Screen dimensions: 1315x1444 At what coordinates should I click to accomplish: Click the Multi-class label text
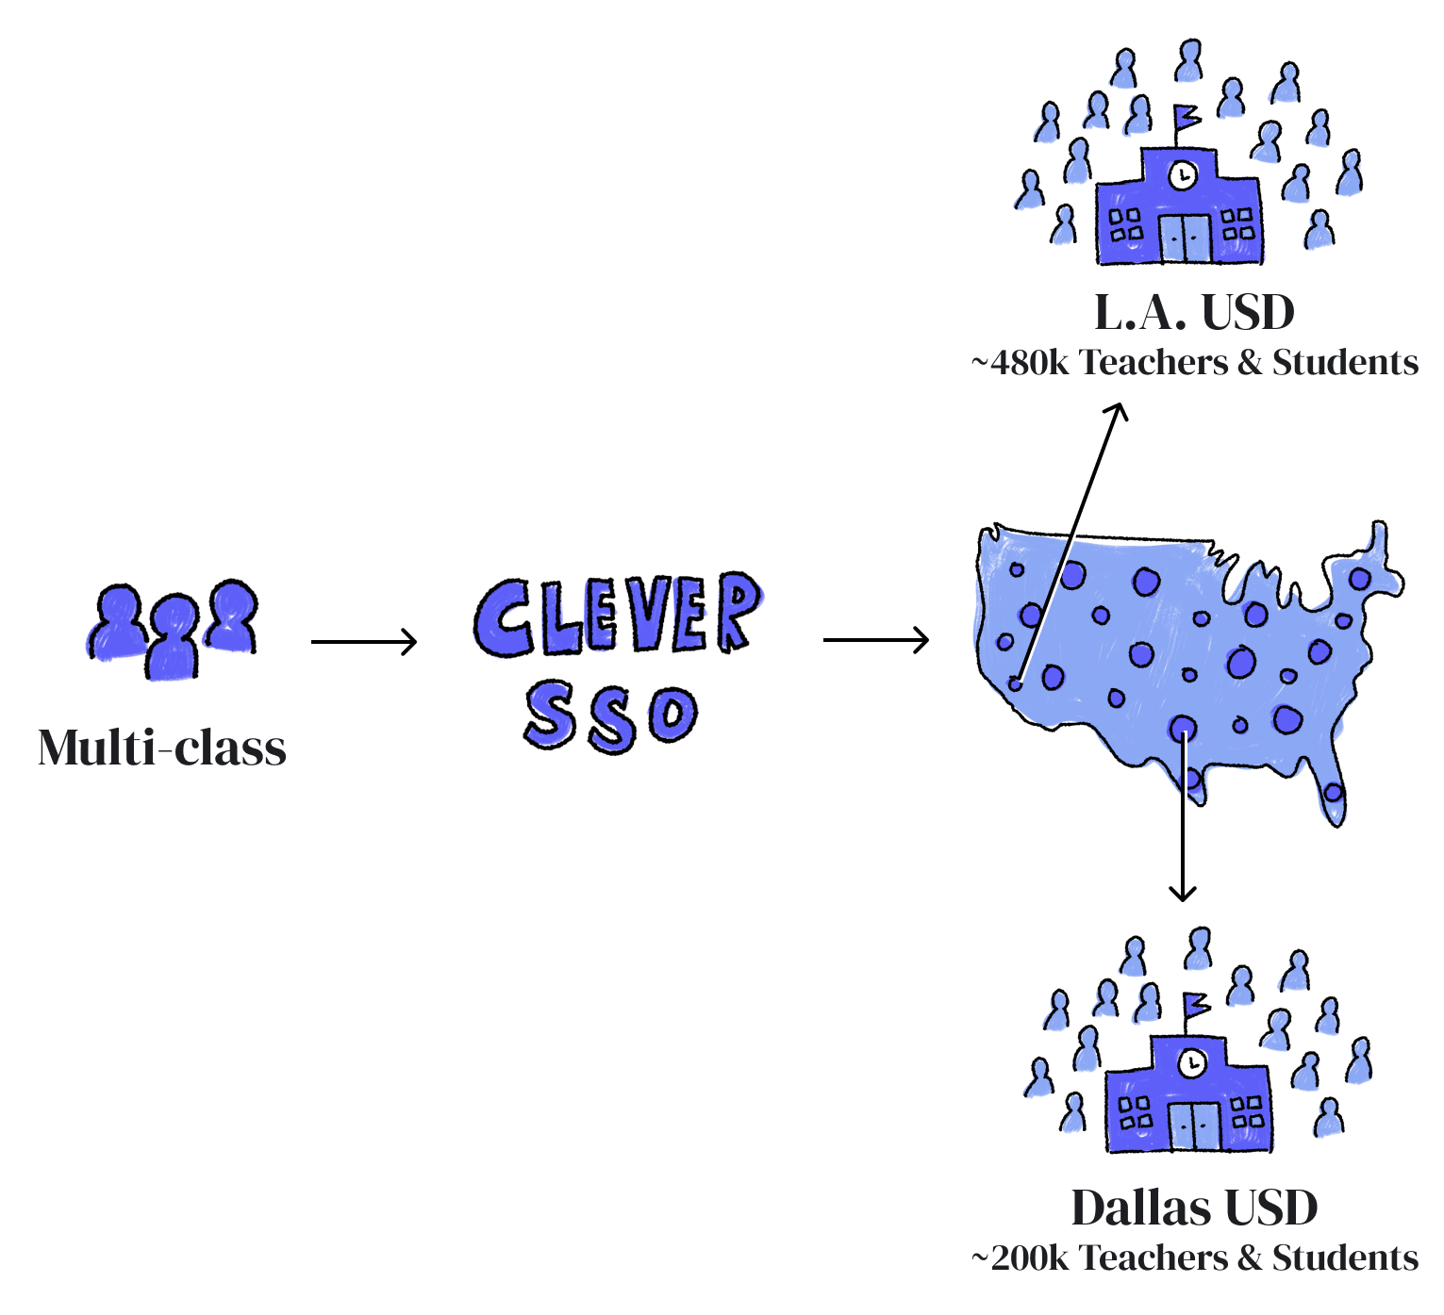tap(161, 748)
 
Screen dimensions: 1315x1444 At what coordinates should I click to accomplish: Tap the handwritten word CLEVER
tap(619, 618)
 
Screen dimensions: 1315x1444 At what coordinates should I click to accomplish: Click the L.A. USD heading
tap(1194, 313)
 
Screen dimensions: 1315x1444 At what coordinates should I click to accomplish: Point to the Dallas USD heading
tap(1194, 1208)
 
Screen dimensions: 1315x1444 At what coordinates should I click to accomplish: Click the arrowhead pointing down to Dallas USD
tap(1186, 890)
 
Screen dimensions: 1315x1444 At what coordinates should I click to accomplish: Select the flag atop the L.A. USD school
tap(1186, 117)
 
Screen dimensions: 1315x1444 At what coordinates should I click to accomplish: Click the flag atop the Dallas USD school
tap(1195, 1003)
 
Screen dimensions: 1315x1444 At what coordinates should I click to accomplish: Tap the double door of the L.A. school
tap(1185, 237)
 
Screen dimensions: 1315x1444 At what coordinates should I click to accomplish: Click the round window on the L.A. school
tap(1182, 175)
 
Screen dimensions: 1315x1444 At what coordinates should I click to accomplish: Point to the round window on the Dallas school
tap(1193, 1062)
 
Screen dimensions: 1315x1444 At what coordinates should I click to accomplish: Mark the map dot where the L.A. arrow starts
tap(1016, 683)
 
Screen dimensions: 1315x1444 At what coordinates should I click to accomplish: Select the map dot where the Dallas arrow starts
tap(1183, 727)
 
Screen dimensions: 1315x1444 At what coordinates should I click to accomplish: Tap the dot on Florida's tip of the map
tap(1333, 793)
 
